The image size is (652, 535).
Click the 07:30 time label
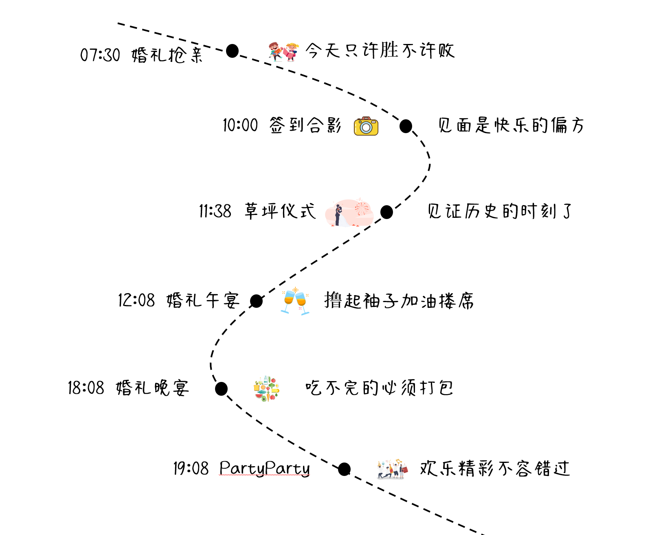100,55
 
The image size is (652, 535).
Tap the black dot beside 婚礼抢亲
232,51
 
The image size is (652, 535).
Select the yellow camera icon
366,126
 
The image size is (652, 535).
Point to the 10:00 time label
240,125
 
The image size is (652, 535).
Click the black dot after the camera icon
406,126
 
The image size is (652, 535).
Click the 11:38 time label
215,211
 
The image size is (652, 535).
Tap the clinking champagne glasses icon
295,301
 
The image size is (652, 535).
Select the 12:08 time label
136,300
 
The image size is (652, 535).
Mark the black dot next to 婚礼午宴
256,301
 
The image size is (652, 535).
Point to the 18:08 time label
86,388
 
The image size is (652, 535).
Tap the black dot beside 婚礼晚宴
221,389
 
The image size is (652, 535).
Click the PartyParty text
264,468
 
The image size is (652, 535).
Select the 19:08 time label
191,468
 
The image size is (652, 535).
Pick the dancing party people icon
392,469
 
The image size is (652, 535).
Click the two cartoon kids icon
283,52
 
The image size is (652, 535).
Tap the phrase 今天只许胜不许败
380,51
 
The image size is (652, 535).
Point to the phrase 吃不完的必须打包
379,388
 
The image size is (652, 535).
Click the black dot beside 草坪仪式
386,212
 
